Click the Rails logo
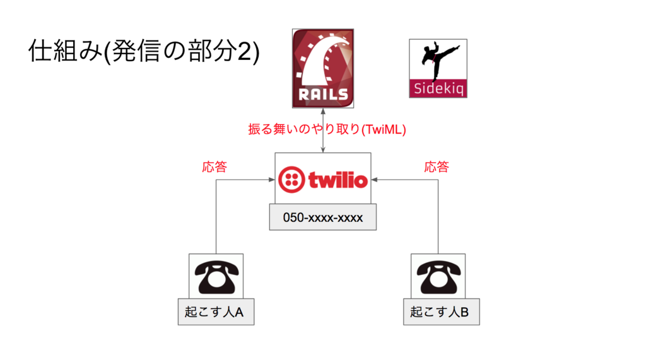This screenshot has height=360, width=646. tap(323, 68)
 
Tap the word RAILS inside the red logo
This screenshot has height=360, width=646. tap(324, 95)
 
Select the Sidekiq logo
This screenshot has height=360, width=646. tap(438, 68)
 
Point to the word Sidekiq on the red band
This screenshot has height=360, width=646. tap(438, 88)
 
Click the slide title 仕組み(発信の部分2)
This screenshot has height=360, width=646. tap(144, 51)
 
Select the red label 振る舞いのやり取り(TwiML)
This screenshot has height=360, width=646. tap(327, 129)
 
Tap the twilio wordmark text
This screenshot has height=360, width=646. tap(338, 180)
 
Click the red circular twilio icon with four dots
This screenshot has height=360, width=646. tap(291, 180)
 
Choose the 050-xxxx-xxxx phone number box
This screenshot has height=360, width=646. tap(322, 217)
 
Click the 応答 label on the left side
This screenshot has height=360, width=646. tap(214, 167)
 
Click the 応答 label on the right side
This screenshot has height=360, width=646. tap(437, 167)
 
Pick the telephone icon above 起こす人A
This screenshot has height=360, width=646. tap(216, 277)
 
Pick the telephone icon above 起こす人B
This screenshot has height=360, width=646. tap(438, 277)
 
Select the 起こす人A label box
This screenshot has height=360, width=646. tap(216, 312)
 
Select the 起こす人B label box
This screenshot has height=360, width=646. tap(441, 312)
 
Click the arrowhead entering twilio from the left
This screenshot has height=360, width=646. tap(272, 180)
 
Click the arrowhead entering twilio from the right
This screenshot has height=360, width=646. tap(374, 180)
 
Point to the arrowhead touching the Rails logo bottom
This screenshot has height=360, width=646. tap(323, 111)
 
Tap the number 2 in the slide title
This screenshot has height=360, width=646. tap(244, 52)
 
